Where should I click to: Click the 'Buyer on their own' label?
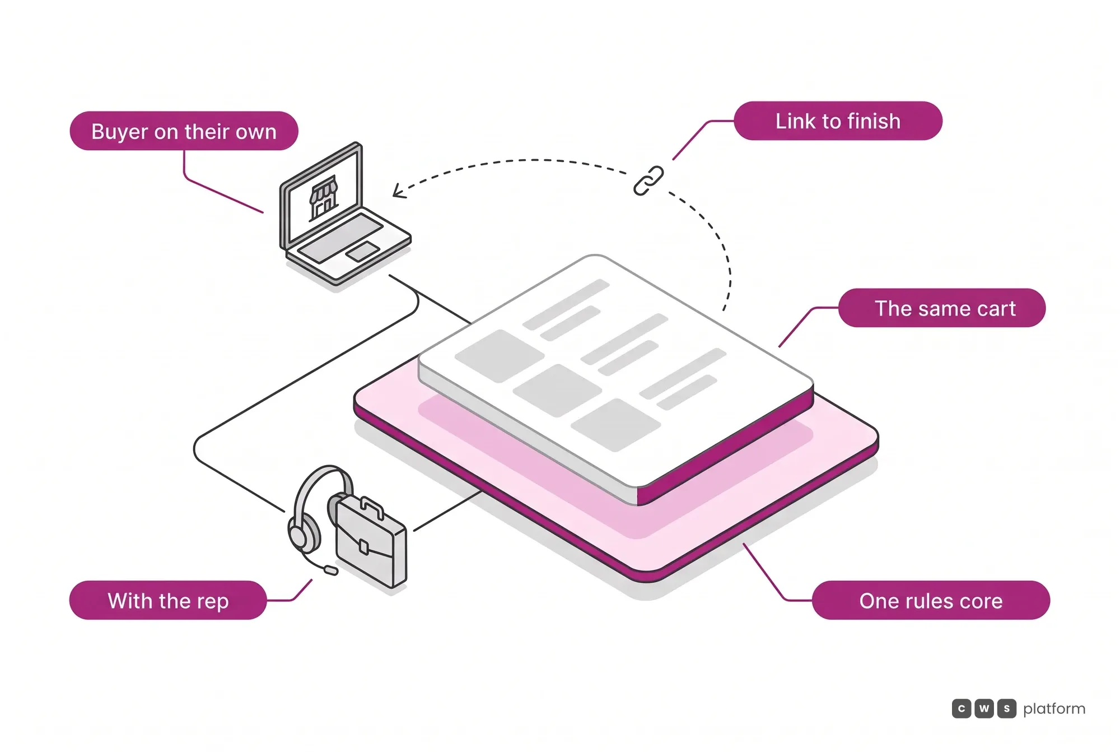[184, 131]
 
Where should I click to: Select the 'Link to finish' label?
[838, 121]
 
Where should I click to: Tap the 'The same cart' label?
[942, 308]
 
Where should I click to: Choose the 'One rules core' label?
[931, 601]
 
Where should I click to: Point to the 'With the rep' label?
[168, 601]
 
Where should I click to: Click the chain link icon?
[648, 181]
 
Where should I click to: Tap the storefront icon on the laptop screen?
[324, 198]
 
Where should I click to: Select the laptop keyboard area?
[340, 238]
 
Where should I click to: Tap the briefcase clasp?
[364, 546]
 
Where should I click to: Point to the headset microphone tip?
[331, 570]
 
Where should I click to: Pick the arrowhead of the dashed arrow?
[398, 191]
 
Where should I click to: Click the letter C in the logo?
[962, 709]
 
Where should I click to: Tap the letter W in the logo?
[984, 709]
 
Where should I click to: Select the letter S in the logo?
[1006, 709]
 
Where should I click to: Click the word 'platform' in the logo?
[1054, 709]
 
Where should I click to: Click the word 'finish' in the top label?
[874, 121]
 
